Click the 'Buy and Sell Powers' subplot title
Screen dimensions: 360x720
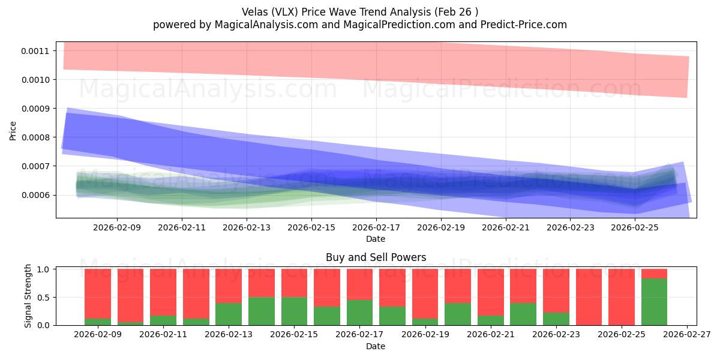pyautogui.click(x=376, y=257)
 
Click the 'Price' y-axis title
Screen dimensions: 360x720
pyautogui.click(x=13, y=130)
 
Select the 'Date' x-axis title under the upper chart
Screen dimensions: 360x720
pyautogui.click(x=376, y=239)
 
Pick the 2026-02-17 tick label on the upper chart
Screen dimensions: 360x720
pyautogui.click(x=376, y=228)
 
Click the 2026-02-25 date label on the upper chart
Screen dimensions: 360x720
pyautogui.click(x=636, y=228)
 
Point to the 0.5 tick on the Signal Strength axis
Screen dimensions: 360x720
pyautogui.click(x=46, y=297)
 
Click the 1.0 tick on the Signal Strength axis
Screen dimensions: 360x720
pyautogui.click(x=46, y=269)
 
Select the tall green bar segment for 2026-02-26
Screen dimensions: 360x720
pyautogui.click(x=654, y=302)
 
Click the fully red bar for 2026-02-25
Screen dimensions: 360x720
pyautogui.click(x=622, y=297)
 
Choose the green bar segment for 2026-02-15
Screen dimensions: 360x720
pyautogui.click(x=294, y=311)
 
